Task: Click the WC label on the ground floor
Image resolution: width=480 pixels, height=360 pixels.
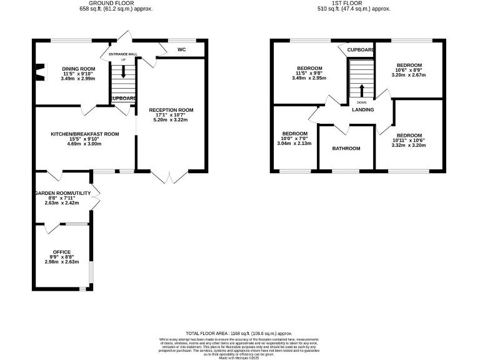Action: (x=181, y=49)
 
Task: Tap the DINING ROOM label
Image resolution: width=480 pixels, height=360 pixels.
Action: (x=78, y=68)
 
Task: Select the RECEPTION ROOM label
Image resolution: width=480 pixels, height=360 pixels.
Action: (x=171, y=110)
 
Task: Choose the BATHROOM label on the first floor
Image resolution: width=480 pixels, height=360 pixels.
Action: (x=346, y=148)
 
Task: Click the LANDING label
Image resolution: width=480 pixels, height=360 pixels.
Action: (x=363, y=110)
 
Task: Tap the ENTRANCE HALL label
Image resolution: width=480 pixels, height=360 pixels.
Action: (x=122, y=54)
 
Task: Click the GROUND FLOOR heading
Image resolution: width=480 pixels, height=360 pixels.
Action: (x=116, y=3)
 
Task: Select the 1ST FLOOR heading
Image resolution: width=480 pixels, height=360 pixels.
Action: (x=354, y=3)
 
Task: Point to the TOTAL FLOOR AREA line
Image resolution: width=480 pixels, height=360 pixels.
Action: (x=240, y=334)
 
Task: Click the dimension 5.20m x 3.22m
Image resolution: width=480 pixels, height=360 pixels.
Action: (x=171, y=120)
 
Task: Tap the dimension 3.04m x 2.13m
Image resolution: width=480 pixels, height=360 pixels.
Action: (x=294, y=143)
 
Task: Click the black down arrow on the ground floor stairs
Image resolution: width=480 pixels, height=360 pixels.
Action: (x=123, y=72)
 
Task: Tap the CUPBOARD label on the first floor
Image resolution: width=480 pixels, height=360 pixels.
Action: (x=361, y=49)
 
